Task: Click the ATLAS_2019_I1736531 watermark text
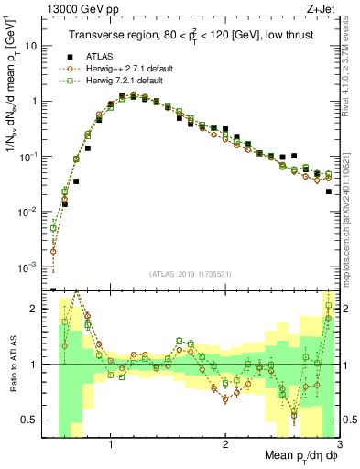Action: pyautogui.click(x=191, y=274)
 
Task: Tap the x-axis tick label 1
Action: pyautogui.click(x=111, y=444)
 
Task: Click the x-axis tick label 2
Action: pyautogui.click(x=225, y=444)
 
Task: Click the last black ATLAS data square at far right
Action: pyautogui.click(x=329, y=191)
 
